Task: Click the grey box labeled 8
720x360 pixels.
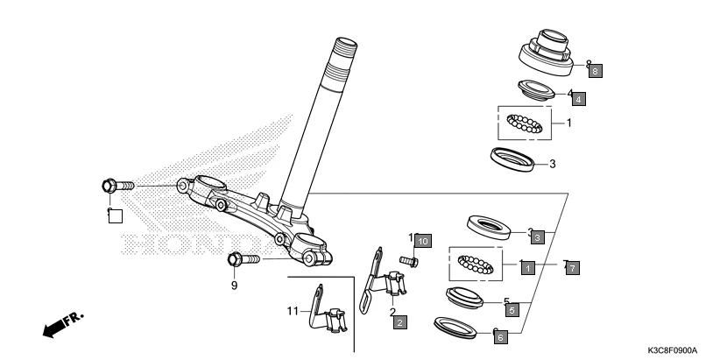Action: click(596, 71)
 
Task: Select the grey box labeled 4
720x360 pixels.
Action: click(579, 99)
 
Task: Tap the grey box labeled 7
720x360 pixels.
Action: click(571, 268)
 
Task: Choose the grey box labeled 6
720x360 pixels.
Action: click(499, 335)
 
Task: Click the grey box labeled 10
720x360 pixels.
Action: click(423, 240)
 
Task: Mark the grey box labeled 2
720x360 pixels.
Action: click(399, 323)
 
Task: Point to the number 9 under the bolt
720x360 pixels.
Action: click(235, 285)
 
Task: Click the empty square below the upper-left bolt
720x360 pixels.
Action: click(115, 215)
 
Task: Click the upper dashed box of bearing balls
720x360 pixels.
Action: click(526, 123)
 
